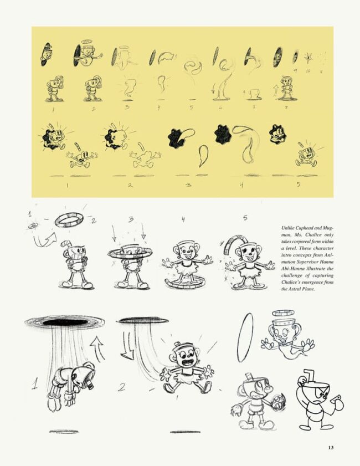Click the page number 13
click(331, 447)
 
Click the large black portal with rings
click(65, 322)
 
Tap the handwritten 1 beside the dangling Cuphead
click(35, 383)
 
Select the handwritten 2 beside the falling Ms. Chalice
click(121, 387)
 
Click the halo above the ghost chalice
click(283, 313)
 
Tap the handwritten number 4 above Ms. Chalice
click(183, 219)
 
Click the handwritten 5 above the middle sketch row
click(245, 218)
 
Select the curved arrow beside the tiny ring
click(44, 240)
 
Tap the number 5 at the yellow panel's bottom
click(298, 185)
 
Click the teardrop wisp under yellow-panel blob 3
click(203, 155)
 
